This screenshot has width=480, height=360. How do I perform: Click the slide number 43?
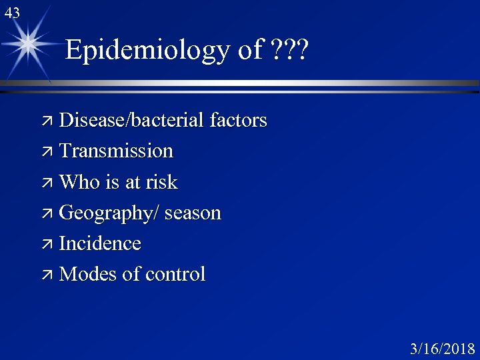pyautogui.click(x=11, y=11)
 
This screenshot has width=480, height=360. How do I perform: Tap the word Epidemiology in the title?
pyautogui.click(x=146, y=50)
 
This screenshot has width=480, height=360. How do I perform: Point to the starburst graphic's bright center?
pyautogui.click(x=29, y=44)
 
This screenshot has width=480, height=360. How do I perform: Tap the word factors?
pyautogui.click(x=238, y=121)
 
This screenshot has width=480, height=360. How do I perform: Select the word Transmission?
pyautogui.click(x=116, y=151)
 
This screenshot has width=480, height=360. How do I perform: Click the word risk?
pyautogui.click(x=163, y=182)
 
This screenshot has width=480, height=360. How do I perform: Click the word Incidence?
pyautogui.click(x=100, y=243)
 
